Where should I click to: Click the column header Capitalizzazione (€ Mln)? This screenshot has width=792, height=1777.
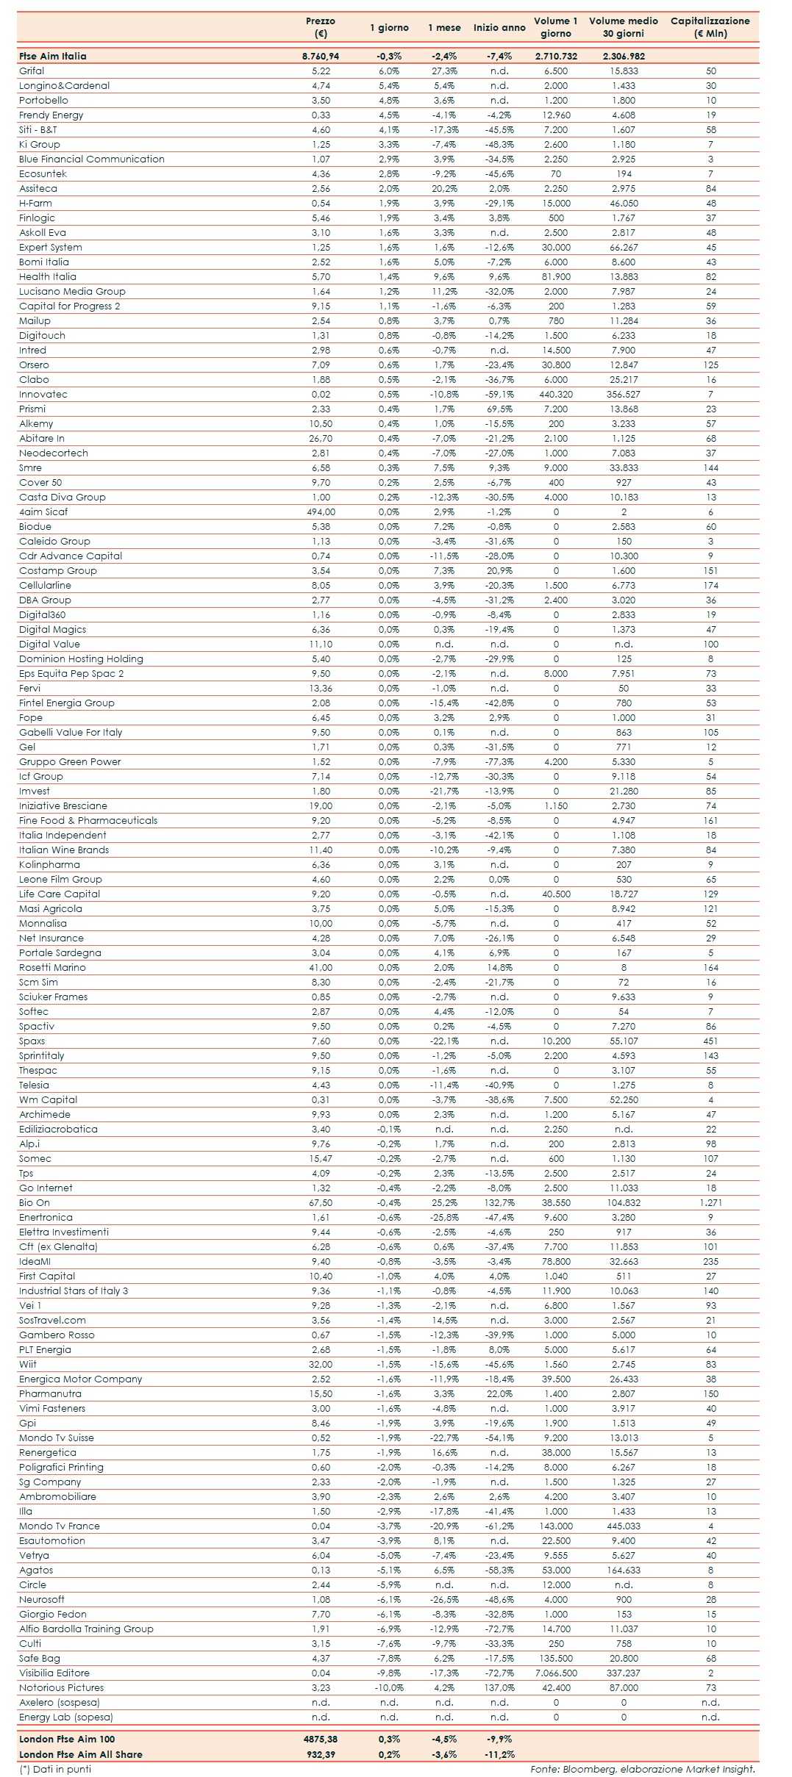pos(710,26)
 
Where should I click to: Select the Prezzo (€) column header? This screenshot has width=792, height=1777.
pos(320,26)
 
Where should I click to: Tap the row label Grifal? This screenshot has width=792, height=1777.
pos(32,71)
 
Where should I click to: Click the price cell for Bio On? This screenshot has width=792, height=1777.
pos(321,1202)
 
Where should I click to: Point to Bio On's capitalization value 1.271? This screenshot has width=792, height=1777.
pos(710,1202)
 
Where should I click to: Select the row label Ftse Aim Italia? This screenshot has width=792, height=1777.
pos(53,56)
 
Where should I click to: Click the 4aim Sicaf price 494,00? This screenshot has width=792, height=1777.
pos(321,511)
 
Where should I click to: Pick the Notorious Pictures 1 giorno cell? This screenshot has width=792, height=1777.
pos(389,1687)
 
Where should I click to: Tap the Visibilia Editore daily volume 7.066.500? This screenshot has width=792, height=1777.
pos(556,1673)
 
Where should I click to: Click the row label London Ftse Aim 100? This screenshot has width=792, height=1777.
pos(67,1739)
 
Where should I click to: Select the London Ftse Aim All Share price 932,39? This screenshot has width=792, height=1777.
pos(321,1753)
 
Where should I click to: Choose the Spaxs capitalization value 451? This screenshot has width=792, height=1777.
pos(710,1041)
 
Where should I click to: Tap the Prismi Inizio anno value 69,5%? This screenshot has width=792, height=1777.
pos(499,409)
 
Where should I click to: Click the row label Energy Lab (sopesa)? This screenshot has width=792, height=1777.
pos(66,1717)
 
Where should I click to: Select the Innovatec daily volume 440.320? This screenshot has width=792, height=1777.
pos(556,394)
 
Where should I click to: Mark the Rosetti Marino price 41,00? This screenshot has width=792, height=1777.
pos(321,967)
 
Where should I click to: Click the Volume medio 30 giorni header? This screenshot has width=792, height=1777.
pos(623,26)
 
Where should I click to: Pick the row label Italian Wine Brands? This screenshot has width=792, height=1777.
pos(64,850)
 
